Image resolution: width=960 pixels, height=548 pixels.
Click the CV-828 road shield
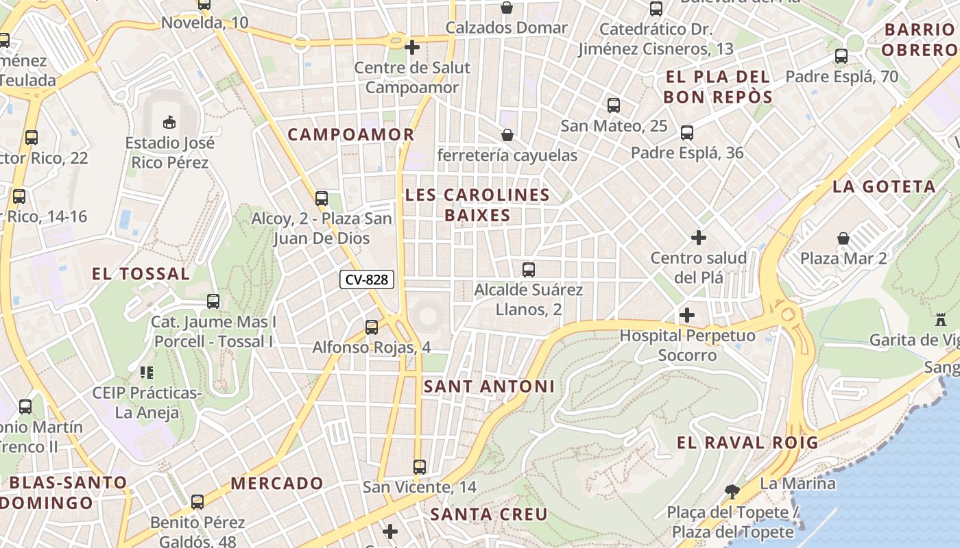point(367,279)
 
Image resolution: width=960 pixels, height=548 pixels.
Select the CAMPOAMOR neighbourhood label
point(351,134)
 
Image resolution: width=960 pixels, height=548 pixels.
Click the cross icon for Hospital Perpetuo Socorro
point(686,315)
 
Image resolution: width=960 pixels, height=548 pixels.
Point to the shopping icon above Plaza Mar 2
point(843,238)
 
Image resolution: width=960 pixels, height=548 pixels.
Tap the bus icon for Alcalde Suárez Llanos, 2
point(528,270)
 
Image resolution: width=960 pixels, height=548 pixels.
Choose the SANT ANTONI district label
point(489,386)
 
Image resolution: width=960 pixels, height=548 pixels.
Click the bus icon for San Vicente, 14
point(420,467)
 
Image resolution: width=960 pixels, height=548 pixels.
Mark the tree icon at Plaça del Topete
point(732,491)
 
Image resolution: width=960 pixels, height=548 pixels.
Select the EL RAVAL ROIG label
point(747,443)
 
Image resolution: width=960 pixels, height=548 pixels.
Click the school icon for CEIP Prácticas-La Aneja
point(146,373)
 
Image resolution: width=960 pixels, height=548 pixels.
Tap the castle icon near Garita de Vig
point(939,320)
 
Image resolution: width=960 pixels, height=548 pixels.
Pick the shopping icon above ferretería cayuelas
point(507,135)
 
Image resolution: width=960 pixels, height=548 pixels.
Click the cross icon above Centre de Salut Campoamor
point(412,47)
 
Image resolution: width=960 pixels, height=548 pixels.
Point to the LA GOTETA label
point(884,186)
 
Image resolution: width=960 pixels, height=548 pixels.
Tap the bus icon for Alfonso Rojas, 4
point(372,327)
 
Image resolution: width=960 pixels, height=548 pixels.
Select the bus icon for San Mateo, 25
point(614,105)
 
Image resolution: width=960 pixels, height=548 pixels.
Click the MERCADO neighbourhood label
point(276,483)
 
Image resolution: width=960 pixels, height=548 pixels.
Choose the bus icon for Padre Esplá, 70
point(841,56)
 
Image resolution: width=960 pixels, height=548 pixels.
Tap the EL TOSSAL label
point(141,274)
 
